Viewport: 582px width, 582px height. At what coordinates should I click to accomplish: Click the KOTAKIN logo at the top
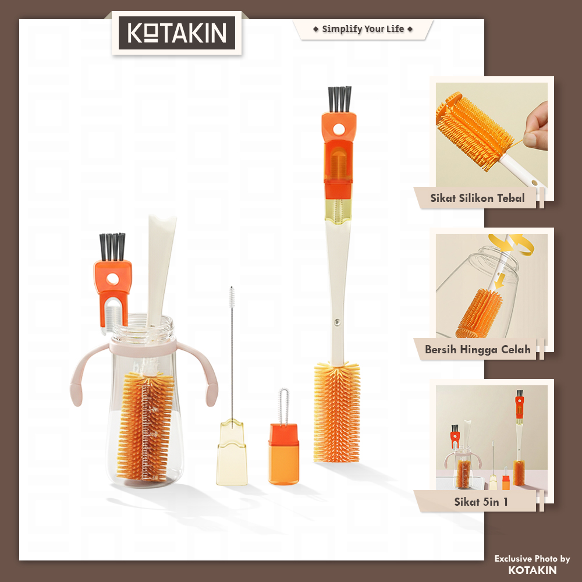177,33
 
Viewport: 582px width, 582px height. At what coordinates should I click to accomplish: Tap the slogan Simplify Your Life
363,29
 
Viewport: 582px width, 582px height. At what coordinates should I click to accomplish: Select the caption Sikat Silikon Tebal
477,198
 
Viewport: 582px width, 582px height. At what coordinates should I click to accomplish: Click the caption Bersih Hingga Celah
478,349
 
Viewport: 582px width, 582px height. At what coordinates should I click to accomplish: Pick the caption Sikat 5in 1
481,502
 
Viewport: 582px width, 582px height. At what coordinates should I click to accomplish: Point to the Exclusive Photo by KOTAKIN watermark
533,564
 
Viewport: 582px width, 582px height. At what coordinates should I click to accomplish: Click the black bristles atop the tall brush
339,99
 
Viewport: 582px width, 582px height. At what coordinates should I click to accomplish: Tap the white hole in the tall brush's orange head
339,130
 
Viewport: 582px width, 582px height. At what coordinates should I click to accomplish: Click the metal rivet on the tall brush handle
337,322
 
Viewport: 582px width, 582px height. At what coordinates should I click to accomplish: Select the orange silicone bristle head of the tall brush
336,412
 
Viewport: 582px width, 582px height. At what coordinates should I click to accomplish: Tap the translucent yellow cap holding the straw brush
232,452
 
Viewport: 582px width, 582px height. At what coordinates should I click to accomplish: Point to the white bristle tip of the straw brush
232,297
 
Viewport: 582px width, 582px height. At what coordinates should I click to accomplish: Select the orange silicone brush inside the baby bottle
145,426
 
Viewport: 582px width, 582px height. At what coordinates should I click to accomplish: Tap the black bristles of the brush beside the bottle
112,247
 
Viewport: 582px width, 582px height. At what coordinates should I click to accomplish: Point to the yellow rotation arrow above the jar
512,243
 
